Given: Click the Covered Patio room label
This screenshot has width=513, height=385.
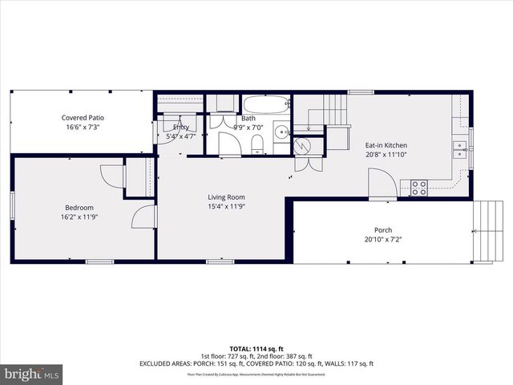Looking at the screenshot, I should click(x=83, y=118).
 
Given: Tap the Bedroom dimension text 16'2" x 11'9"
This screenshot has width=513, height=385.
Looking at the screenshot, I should click(x=83, y=217).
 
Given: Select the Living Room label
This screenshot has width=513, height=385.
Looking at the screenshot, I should click(x=226, y=197).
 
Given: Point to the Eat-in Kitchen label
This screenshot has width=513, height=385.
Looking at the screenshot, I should click(x=386, y=145).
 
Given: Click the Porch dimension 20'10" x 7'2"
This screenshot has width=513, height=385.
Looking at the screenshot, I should click(x=383, y=239).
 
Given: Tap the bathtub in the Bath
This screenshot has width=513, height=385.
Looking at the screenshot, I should click(x=267, y=105).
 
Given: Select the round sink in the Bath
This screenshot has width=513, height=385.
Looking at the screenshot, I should click(x=281, y=132).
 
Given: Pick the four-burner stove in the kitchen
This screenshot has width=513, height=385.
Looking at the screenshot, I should click(x=418, y=188).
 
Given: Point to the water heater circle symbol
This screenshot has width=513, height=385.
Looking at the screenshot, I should click(x=303, y=146).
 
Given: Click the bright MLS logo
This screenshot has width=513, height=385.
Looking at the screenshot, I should click(x=32, y=374).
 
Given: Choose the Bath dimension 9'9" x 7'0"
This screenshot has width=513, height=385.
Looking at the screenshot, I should click(x=248, y=127).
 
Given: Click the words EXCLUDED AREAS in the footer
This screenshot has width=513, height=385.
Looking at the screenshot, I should click(x=166, y=363).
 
